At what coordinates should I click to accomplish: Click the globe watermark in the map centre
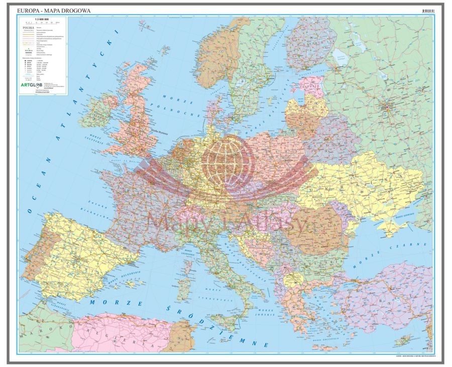226,160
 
